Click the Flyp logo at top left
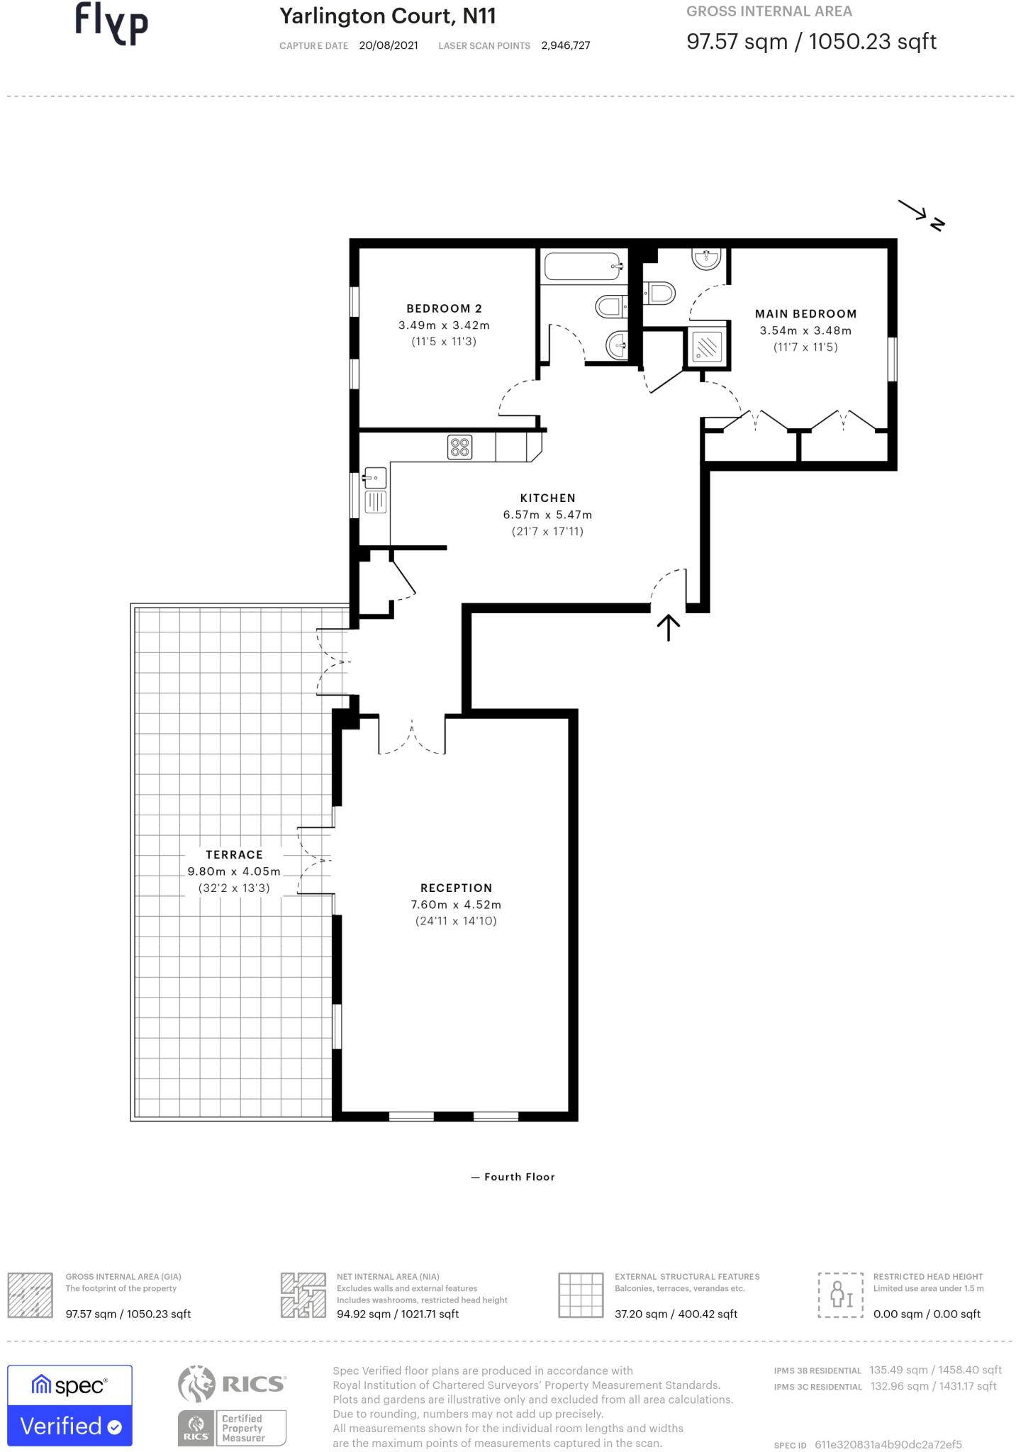[111, 23]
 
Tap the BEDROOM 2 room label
[444, 308]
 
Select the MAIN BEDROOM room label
[805, 313]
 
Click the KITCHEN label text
[547, 498]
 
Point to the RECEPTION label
[456, 888]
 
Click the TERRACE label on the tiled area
[234, 854]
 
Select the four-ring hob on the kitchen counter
[459, 447]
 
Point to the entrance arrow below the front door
[668, 627]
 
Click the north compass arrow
[920, 213]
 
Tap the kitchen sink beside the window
[374, 477]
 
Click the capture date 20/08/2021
[388, 45]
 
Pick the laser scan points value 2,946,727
[565, 45]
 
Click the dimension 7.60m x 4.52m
[456, 905]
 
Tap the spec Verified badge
[69, 1404]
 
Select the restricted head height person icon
[840, 1295]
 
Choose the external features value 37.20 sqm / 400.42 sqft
[676, 1314]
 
